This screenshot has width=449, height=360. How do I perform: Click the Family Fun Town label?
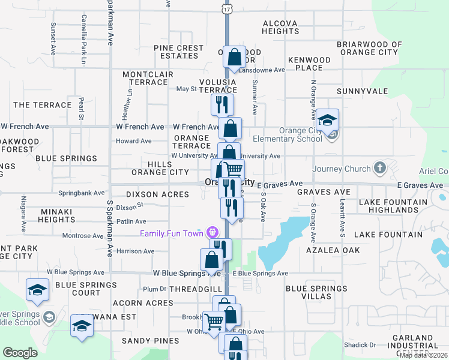172,233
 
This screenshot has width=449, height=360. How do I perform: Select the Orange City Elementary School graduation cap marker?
327,120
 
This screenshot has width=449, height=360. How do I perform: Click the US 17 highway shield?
226,10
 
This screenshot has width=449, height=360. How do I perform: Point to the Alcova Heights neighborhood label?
280,27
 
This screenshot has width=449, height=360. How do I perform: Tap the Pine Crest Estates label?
179,52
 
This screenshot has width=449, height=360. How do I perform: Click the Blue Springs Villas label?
316,292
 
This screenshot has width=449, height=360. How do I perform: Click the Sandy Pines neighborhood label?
143,341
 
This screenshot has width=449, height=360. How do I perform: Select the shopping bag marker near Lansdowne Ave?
235,58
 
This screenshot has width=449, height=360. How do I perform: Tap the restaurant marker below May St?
222,104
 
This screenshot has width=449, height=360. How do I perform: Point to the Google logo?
20,353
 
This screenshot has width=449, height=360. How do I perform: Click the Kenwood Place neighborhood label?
309,64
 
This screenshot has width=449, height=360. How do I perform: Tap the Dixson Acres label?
157,194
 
